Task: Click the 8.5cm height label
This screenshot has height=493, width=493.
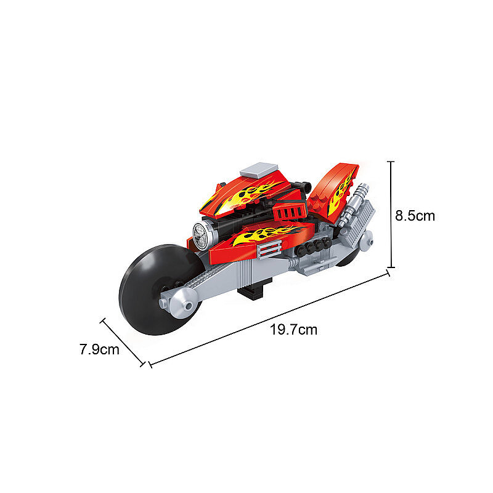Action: (x=415, y=216)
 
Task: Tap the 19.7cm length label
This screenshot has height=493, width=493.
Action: (x=294, y=330)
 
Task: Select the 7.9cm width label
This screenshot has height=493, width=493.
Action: (x=99, y=349)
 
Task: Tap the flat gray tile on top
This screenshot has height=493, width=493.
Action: (x=259, y=170)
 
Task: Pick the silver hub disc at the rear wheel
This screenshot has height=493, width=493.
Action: (x=366, y=241)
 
